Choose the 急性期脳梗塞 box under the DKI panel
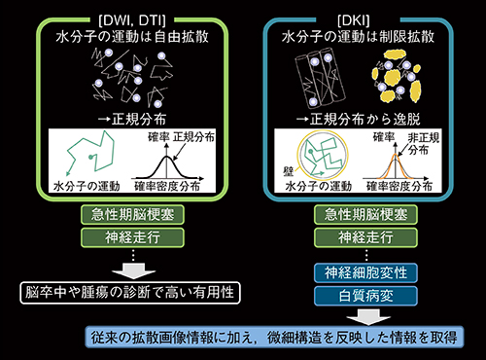tap(361, 214)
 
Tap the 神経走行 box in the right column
tap(361, 237)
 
